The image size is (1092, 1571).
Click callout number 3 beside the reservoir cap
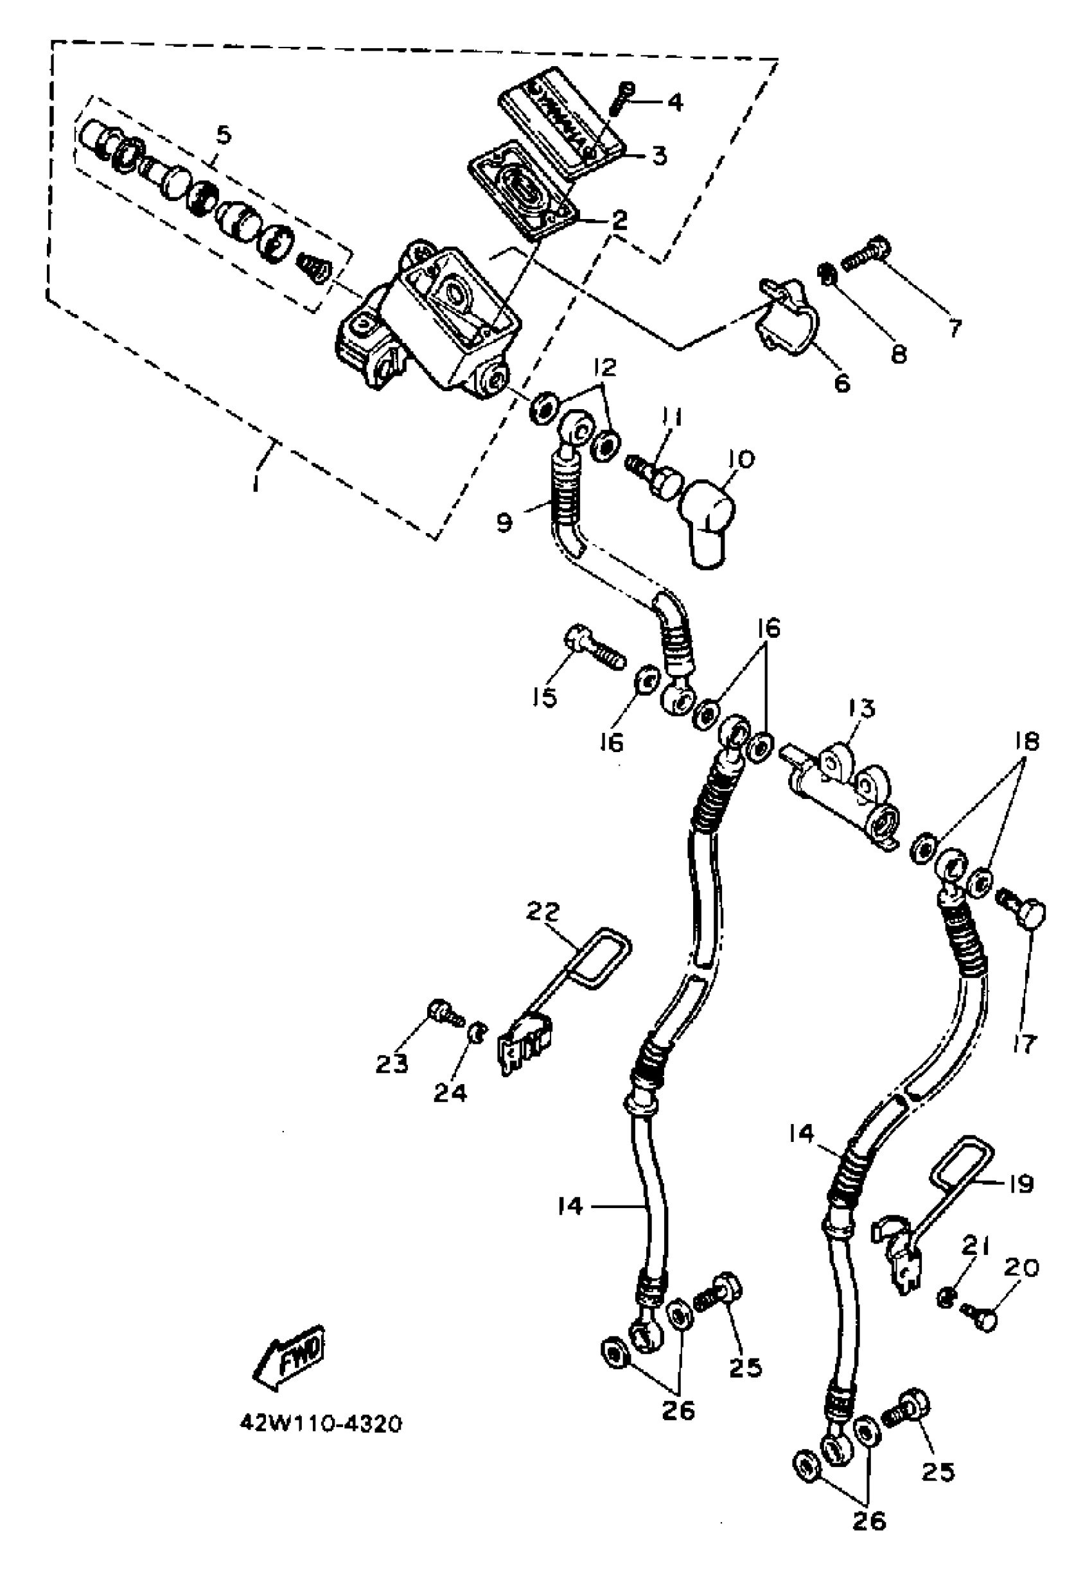tap(658, 157)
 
